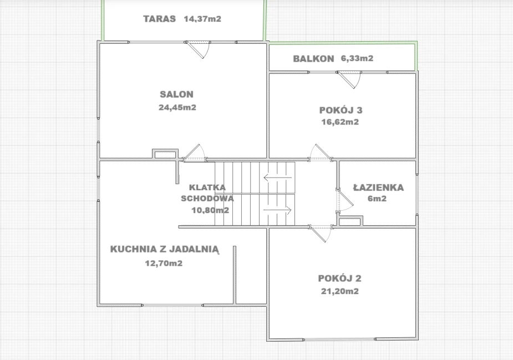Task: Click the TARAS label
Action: [159, 19]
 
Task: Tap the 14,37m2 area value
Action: [202, 19]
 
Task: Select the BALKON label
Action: [313, 59]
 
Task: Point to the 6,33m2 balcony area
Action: [357, 58]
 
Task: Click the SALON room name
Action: [177, 94]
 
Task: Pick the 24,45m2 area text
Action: [177, 108]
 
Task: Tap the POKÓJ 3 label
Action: [341, 110]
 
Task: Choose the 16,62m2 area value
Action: [340, 122]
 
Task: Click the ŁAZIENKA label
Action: [379, 187]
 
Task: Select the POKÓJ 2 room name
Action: [339, 278]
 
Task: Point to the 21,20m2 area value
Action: [339, 291]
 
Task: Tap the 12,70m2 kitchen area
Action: [164, 263]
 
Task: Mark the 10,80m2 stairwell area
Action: [210, 210]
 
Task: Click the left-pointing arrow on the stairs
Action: [277, 178]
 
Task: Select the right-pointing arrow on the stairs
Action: [277, 210]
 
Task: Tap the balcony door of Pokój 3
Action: [349, 79]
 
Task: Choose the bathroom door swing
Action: [346, 201]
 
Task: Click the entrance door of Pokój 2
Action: [321, 234]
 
